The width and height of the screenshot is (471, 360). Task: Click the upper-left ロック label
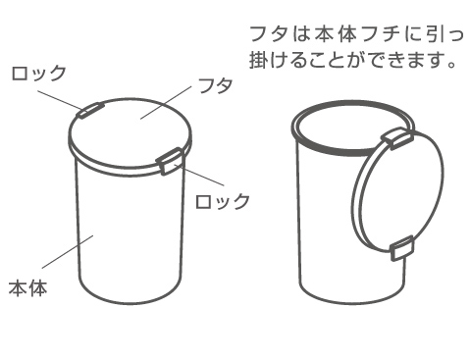[39, 74]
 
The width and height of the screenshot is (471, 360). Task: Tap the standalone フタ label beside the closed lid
[216, 85]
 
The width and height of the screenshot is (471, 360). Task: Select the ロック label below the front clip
[223, 201]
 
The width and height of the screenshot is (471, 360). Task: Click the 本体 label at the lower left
[28, 287]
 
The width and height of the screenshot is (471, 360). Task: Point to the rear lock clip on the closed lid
[90, 110]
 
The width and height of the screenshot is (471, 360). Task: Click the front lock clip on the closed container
[170, 161]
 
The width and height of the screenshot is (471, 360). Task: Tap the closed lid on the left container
[130, 134]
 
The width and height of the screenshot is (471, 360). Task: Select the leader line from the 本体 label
[68, 251]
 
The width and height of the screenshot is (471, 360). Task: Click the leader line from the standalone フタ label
[166, 103]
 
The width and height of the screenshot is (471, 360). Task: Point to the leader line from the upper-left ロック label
[60, 100]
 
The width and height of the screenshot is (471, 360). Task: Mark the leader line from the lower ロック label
[199, 175]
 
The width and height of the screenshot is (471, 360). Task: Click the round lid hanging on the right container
[398, 191]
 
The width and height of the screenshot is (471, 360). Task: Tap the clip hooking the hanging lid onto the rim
[396, 138]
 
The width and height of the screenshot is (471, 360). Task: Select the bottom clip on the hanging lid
[402, 248]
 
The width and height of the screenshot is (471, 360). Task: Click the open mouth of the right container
[351, 129]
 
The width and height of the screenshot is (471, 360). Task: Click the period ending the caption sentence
[451, 64]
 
